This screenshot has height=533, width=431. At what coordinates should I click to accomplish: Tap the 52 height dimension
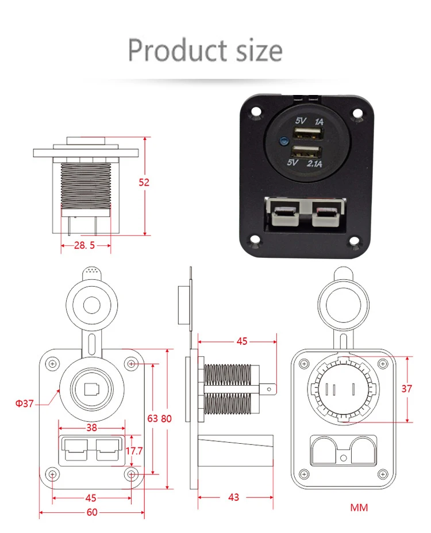pyautogui.click(x=144, y=182)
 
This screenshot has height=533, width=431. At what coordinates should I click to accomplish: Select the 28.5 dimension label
pyautogui.click(x=84, y=245)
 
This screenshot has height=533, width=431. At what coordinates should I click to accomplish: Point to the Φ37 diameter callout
pyautogui.click(x=25, y=403)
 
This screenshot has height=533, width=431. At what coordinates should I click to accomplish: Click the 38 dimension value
pyautogui.click(x=92, y=428)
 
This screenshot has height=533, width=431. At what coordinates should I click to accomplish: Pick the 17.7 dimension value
pyautogui.click(x=133, y=450)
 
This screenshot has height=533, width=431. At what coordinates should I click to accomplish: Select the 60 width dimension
pyautogui.click(x=92, y=512)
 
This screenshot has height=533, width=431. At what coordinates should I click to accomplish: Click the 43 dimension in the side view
pyautogui.click(x=233, y=497)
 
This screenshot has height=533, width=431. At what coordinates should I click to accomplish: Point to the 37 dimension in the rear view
pyautogui.click(x=407, y=389)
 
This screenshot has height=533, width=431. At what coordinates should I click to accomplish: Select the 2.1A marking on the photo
pyautogui.click(x=315, y=165)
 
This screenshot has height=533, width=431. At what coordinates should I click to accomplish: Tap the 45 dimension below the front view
pyautogui.click(x=91, y=498)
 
